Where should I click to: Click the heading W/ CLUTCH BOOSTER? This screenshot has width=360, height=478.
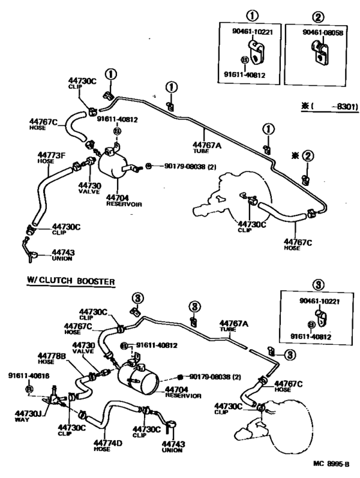pos(71,281)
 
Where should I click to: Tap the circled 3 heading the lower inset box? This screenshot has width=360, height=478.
pos(317,284)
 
